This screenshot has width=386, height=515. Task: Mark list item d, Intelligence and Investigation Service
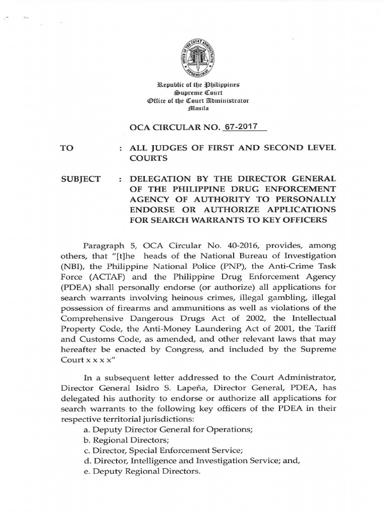click(x=189, y=461)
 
